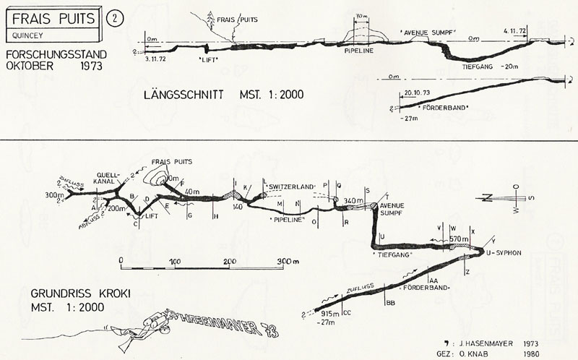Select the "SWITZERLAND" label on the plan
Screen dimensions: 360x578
(293, 187)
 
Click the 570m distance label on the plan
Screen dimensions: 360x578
(460, 239)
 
